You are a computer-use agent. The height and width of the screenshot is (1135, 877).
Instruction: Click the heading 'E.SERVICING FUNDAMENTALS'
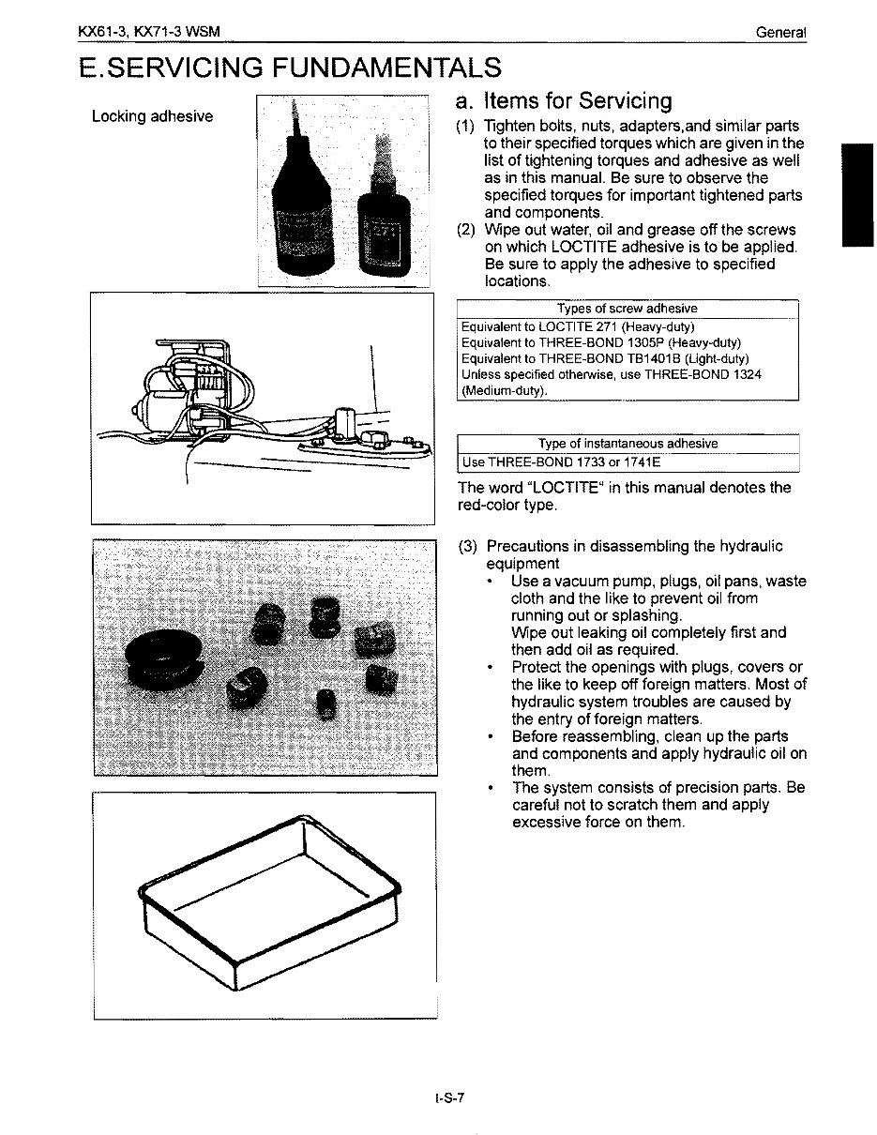point(290,68)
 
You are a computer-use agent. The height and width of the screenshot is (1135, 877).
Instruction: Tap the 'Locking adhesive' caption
point(152,116)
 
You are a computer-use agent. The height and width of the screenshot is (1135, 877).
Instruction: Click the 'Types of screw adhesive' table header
point(627,309)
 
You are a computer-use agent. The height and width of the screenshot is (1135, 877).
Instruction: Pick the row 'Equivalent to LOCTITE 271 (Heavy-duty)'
point(578,326)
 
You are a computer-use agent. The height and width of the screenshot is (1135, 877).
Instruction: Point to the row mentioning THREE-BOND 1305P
point(601,342)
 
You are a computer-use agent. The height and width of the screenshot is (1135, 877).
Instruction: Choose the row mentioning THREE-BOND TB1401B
point(605,358)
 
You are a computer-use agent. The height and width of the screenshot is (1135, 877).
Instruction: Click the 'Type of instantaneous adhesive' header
point(628,444)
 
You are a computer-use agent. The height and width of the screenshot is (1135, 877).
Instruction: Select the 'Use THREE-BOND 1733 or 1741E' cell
point(561,462)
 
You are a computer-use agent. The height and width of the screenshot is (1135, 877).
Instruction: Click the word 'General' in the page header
point(781,33)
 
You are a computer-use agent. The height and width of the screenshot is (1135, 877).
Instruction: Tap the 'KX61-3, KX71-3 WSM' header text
point(149,33)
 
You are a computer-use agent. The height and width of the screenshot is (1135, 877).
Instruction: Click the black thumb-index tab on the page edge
point(857,194)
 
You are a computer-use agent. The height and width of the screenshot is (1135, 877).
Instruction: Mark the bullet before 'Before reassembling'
point(491,736)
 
